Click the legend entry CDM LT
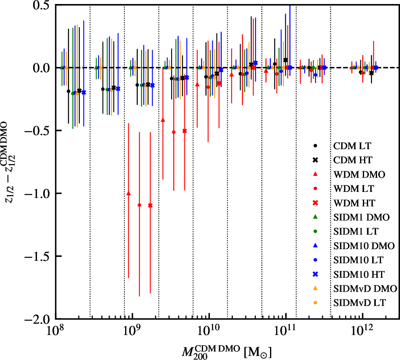tap(351, 144)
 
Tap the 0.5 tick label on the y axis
tap(42, 5)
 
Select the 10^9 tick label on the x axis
tap(132, 331)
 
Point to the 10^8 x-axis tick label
tap(55, 331)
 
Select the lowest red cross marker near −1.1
tap(150, 205)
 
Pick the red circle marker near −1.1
tap(139, 205)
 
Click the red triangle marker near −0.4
tap(163, 120)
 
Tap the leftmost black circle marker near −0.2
tap(68, 91)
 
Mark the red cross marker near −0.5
tap(184, 131)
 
